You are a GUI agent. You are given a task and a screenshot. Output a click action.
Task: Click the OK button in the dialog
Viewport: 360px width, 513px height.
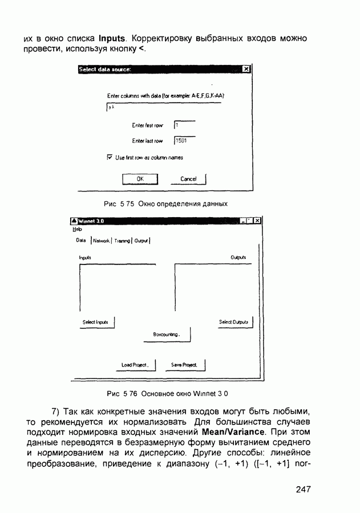[x=140, y=179]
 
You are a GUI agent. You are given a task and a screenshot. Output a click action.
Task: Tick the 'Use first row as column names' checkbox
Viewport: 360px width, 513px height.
[x=110, y=157]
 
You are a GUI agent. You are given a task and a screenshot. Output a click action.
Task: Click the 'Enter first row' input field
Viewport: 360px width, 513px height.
[x=185, y=124]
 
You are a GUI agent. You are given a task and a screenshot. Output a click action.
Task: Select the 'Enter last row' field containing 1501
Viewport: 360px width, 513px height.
[x=185, y=140]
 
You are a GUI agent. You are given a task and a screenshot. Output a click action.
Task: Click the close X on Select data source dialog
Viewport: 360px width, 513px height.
[x=246, y=70]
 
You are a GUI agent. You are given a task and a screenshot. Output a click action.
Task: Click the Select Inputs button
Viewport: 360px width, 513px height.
[x=96, y=323]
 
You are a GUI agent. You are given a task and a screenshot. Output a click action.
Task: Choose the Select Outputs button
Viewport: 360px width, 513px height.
[x=234, y=323]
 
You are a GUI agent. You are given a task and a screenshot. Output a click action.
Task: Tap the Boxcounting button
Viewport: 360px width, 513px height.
[x=167, y=335]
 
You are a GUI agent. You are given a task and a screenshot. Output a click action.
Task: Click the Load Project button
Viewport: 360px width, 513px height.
[x=135, y=365]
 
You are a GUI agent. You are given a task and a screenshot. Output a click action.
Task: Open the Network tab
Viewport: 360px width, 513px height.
[x=101, y=241]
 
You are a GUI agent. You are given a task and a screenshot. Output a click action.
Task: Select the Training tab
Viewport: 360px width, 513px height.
[x=122, y=241]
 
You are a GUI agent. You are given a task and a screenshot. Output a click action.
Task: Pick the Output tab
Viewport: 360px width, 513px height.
[x=141, y=241]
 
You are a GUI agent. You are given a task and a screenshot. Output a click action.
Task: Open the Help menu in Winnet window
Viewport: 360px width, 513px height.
[x=77, y=229]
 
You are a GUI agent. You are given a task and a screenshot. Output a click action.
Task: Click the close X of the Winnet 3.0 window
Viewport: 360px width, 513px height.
[x=257, y=221]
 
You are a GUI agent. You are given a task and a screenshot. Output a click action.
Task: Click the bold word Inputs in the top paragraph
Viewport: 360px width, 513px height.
[x=115, y=39]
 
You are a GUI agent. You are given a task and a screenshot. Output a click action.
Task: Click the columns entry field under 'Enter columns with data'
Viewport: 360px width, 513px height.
[x=163, y=107]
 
